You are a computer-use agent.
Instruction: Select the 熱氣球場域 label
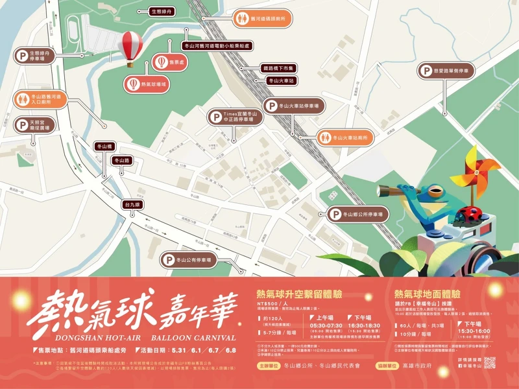tap(146, 84)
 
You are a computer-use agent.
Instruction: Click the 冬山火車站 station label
tap(281, 81)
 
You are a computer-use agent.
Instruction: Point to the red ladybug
tap(472, 213)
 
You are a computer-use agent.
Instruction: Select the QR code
tap(489, 363)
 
